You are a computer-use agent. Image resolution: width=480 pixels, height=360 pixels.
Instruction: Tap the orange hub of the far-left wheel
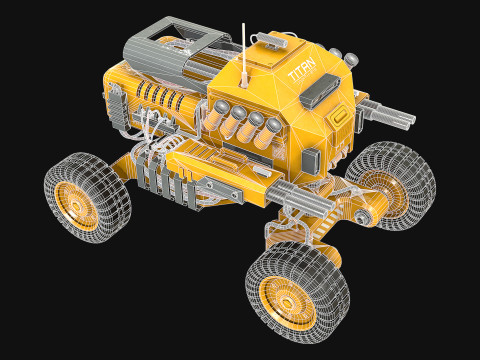(x=76, y=202)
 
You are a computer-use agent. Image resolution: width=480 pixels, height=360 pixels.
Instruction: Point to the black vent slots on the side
(x=160, y=98)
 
